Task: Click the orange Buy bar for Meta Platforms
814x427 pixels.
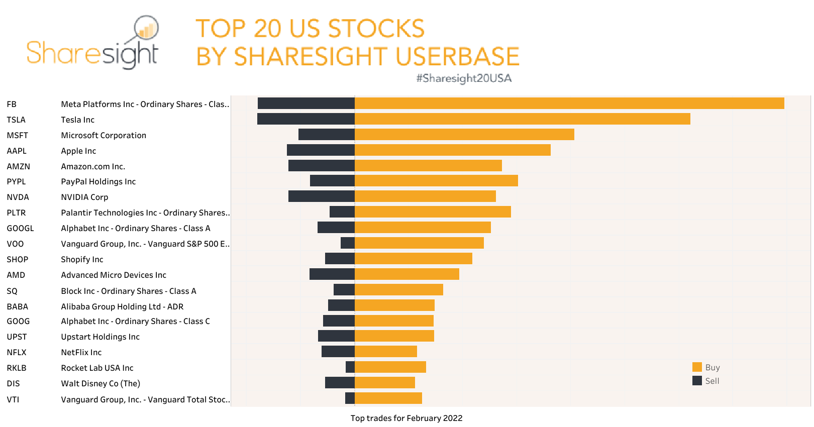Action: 569,103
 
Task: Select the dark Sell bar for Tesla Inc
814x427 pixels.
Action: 306,119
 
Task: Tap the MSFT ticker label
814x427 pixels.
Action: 18,135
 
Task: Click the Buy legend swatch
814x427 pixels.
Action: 697,367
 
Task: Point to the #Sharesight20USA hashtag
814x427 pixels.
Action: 463,78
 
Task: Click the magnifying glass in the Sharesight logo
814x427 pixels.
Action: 146,29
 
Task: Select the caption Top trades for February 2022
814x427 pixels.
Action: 406,418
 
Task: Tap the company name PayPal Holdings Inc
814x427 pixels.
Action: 98,181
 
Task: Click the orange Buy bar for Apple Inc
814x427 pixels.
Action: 452,150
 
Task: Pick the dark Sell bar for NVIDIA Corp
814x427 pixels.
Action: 322,196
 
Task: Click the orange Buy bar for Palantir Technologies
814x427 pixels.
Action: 432,212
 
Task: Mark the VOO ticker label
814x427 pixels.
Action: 15,244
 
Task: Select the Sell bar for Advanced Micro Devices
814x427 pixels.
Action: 332,274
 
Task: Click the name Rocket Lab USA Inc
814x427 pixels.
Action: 97,368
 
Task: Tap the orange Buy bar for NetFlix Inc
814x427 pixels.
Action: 385,352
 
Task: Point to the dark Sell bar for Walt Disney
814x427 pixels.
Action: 340,383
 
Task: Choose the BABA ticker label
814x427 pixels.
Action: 18,306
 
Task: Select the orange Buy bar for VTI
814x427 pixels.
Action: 388,398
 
